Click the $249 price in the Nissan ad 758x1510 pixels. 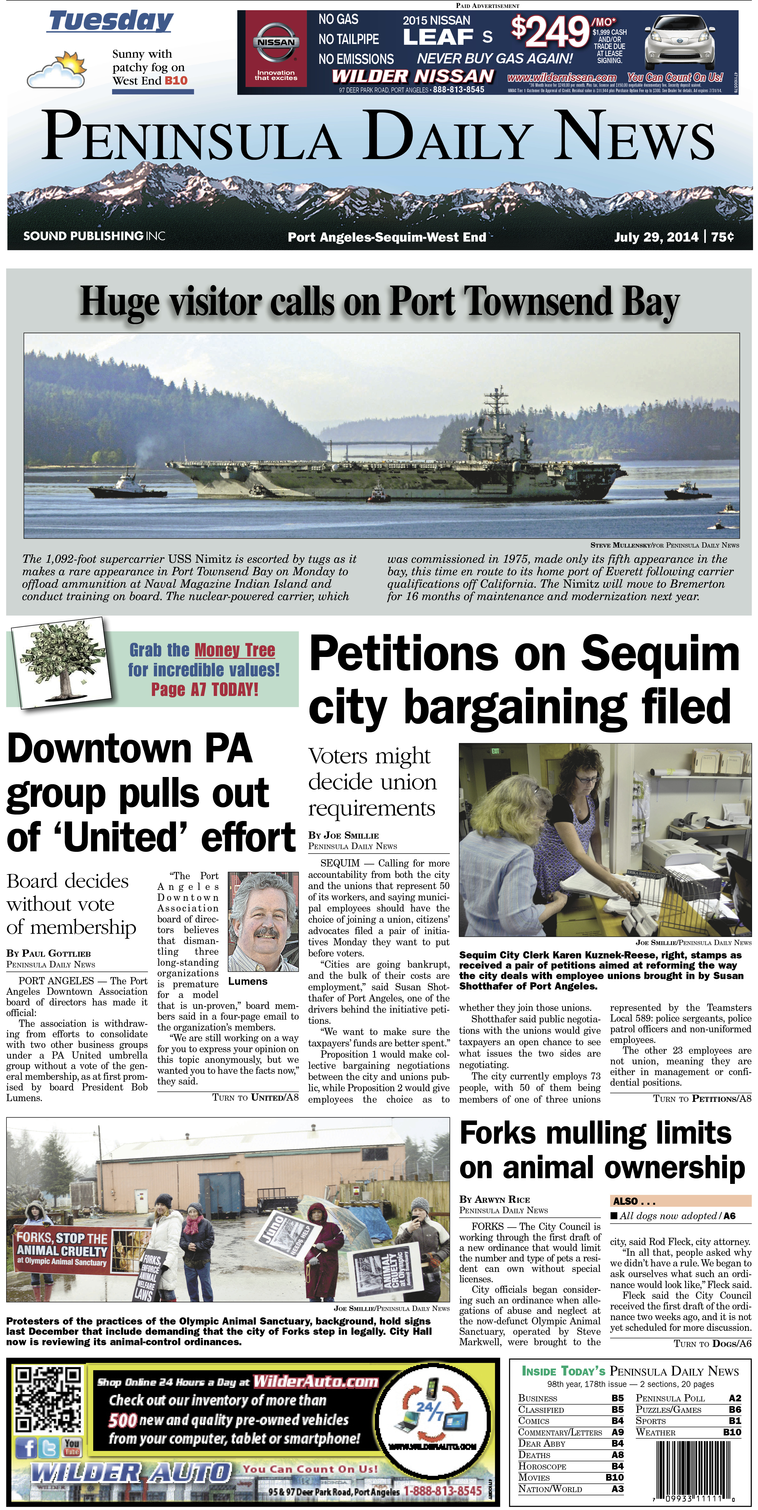(550, 32)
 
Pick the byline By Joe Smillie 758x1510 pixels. (343, 835)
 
